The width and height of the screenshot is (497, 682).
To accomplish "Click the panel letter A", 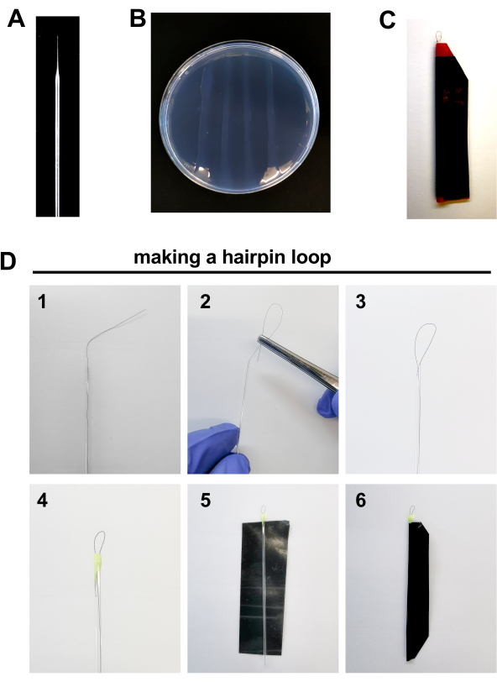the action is pyautogui.click(x=16, y=19).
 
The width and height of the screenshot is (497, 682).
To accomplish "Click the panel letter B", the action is pyautogui.click(x=138, y=19).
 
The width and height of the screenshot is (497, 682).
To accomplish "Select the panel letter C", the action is pyautogui.click(x=387, y=20).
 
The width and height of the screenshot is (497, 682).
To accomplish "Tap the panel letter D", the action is pyautogui.click(x=8, y=261).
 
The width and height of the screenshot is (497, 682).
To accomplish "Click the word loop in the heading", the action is pyautogui.click(x=309, y=258).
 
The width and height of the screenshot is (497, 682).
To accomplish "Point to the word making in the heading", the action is pyautogui.click(x=166, y=258).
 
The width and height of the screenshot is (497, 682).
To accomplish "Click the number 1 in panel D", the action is pyautogui.click(x=42, y=302).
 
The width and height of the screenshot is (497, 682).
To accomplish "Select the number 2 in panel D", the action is pyautogui.click(x=205, y=302).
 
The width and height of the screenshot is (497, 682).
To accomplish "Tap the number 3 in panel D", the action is pyautogui.click(x=360, y=302).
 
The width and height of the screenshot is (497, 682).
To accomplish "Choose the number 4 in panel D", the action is pyautogui.click(x=42, y=501).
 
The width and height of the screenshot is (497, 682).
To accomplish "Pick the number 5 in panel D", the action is pyautogui.click(x=205, y=501).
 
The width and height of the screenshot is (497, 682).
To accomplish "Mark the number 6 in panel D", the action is pyautogui.click(x=361, y=501).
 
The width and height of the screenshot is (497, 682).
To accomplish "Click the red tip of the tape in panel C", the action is pyautogui.click(x=444, y=50).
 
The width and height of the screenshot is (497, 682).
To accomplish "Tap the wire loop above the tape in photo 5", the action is pyautogui.click(x=264, y=510).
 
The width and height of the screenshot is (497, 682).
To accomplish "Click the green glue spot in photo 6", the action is pyautogui.click(x=411, y=518).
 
